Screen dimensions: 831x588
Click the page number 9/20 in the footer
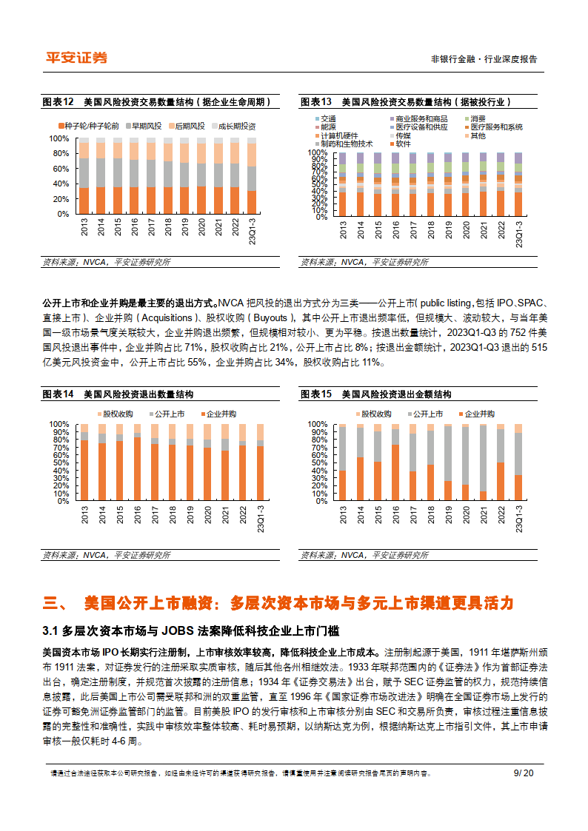tap(523, 773)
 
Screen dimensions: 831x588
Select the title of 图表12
tap(156, 101)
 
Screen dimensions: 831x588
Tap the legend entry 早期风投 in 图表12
tap(146, 127)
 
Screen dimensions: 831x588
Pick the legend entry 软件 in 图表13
tap(402, 144)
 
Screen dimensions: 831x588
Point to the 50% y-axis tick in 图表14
tap(59, 462)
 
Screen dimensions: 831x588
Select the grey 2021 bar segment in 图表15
tap(484, 458)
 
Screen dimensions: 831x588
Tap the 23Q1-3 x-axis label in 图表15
tap(518, 519)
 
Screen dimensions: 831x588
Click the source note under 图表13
tap(364, 262)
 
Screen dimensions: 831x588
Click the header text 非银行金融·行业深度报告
tap(484, 59)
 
